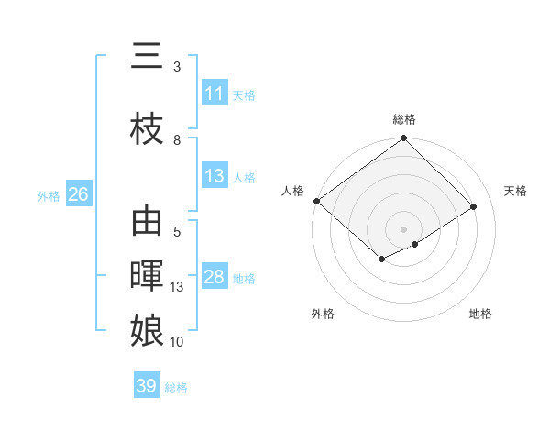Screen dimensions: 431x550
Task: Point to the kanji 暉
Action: click(147, 276)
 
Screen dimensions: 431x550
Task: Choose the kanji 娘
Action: click(147, 329)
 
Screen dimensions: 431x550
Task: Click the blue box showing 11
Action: click(214, 94)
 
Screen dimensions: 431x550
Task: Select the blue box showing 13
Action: click(214, 176)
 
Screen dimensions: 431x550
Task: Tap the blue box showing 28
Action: click(214, 277)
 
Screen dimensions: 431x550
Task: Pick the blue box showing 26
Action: click(78, 194)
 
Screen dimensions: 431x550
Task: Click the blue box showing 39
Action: click(146, 386)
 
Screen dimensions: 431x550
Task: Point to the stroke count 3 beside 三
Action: click(177, 67)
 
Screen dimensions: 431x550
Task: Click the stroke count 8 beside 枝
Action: click(177, 139)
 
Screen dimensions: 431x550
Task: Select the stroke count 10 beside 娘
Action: click(177, 342)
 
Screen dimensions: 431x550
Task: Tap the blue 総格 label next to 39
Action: click(176, 387)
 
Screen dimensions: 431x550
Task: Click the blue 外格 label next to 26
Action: click(49, 195)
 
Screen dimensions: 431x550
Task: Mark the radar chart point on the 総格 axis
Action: click(403, 138)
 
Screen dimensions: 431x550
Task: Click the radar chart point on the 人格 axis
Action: click(316, 201)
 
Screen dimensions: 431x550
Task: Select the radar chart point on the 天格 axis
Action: click(474, 207)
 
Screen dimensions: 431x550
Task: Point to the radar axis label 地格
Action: click(480, 314)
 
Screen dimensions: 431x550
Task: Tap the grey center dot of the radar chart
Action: click(403, 227)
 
